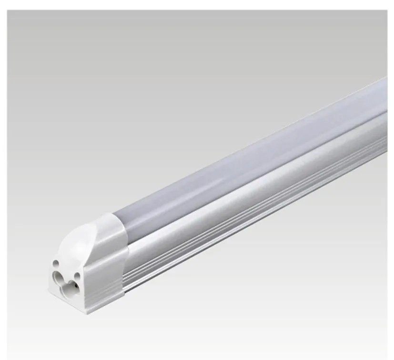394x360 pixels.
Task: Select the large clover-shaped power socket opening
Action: pos(62,277)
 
